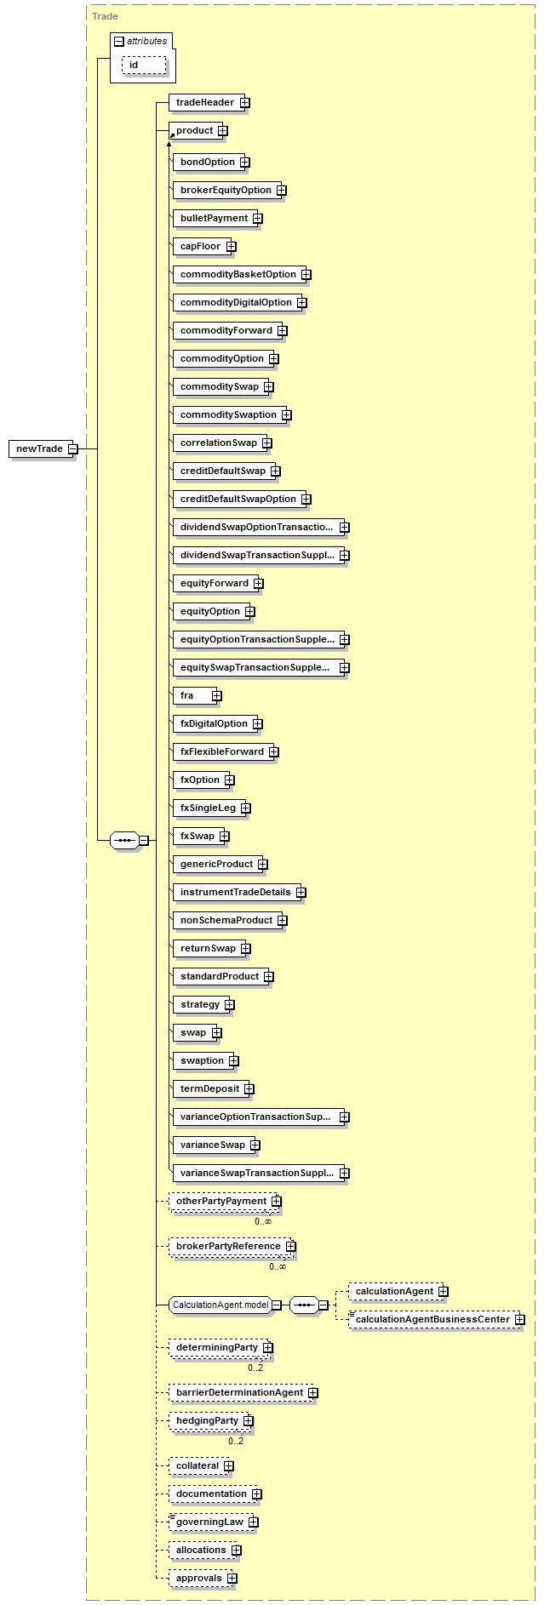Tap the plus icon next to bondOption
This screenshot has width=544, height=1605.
click(244, 162)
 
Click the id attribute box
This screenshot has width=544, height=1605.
click(144, 65)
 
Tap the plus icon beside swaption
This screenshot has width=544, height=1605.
click(234, 1060)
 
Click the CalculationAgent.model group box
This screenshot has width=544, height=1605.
click(220, 1305)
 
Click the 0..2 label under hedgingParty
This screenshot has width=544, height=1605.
click(236, 1441)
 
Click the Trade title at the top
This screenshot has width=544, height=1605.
click(105, 16)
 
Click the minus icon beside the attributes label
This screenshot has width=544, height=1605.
click(119, 41)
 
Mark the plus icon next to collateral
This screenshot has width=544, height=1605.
click(229, 1465)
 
